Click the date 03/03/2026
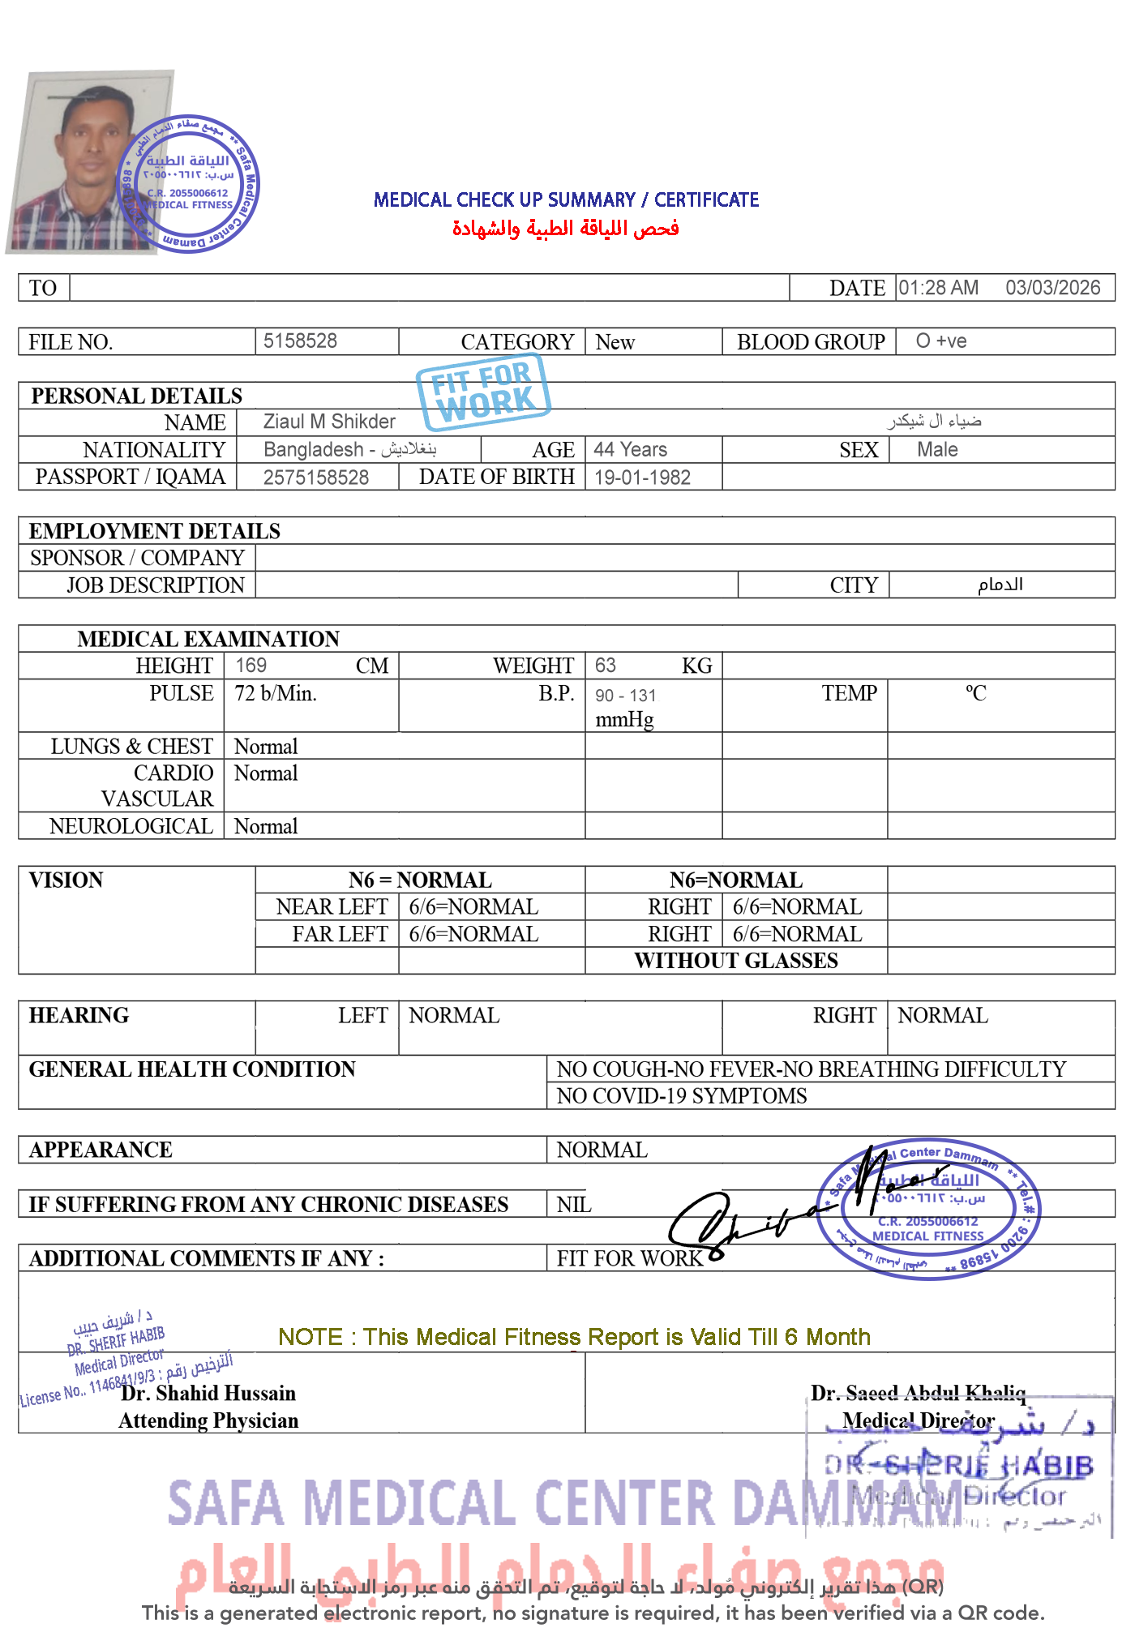[1052, 288]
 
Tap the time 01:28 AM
[938, 288]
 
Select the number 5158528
[300, 341]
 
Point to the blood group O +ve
[940, 341]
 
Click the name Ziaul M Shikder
[329, 422]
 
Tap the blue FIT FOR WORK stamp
[483, 392]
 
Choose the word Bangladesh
[314, 449]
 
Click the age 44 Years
[630, 449]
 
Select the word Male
[937, 449]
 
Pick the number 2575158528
[316, 478]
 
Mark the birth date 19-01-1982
[642, 478]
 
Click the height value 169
[251, 666]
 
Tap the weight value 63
[605, 666]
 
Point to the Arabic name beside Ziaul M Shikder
[934, 421]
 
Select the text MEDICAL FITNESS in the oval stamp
[928, 1236]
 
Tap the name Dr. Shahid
[169, 1394]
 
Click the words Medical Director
[918, 1420]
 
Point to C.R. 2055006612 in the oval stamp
[928, 1222]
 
